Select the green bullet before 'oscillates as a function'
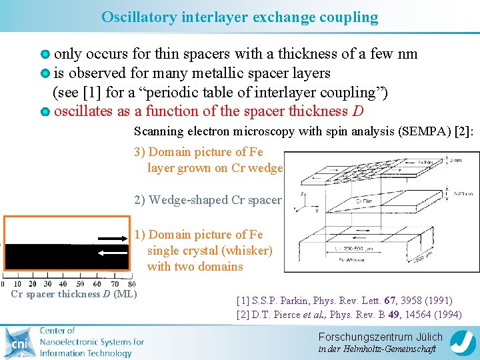[45, 111]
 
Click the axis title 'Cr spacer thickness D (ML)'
[73, 294]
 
